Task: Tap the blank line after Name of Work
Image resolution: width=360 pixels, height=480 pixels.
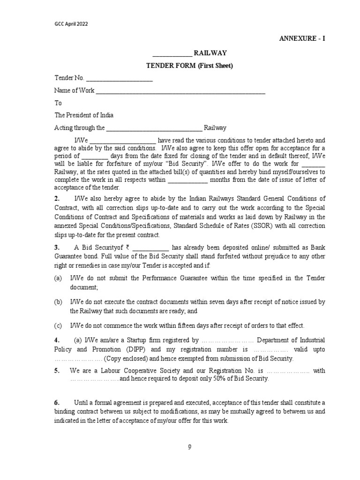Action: pos(180,91)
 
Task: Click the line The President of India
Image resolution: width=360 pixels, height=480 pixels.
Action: pos(84,115)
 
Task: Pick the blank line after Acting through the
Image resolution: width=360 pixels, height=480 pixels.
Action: pos(154,128)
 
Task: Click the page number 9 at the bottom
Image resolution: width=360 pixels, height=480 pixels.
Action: pos(189,447)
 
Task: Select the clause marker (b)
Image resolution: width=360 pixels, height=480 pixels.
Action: pos(58,302)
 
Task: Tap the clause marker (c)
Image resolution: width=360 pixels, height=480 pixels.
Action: pos(58,326)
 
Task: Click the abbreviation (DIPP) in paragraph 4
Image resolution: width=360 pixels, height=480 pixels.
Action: pos(124,350)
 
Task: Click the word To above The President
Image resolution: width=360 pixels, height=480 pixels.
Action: pos(58,103)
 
